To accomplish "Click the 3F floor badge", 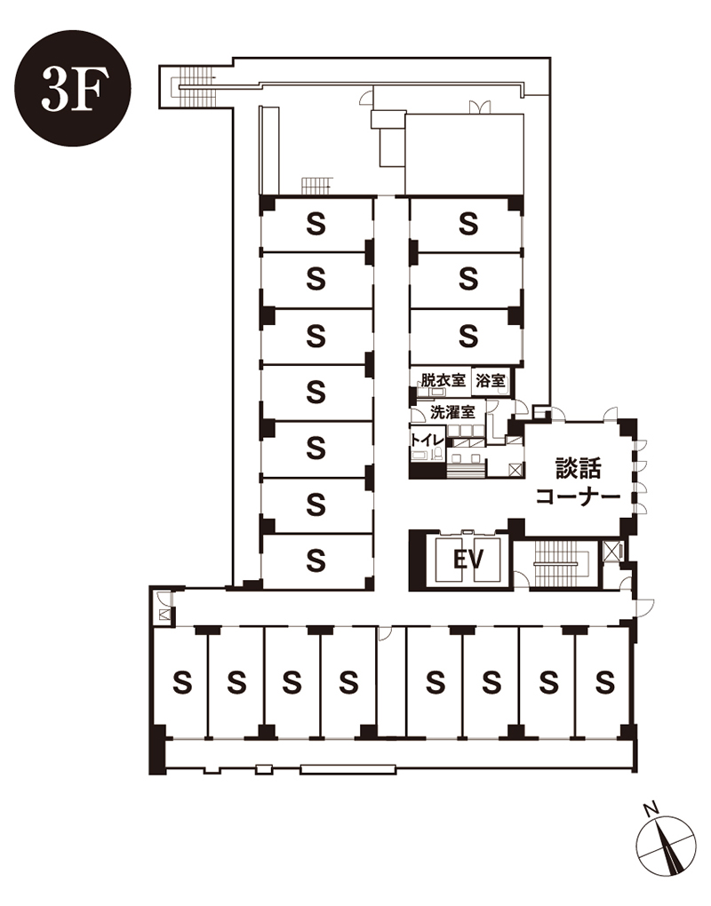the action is [x=73, y=88].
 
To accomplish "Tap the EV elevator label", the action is [x=467, y=560].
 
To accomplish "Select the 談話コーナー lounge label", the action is [x=578, y=482].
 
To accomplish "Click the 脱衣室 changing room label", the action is [x=443, y=380].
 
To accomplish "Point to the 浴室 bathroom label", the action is [x=491, y=380].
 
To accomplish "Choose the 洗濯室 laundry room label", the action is [x=453, y=412].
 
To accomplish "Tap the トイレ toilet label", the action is [x=427, y=439].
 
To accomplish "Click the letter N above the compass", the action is [x=652, y=808].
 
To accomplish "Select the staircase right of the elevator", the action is [x=557, y=564].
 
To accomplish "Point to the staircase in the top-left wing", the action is [x=196, y=87].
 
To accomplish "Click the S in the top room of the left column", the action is [x=316, y=224].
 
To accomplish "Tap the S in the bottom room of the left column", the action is [x=316, y=560].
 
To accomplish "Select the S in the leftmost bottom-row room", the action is [x=182, y=683].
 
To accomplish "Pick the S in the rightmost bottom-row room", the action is [x=604, y=683].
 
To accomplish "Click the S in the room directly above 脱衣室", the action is [x=468, y=335].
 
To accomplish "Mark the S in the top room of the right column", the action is [x=468, y=224].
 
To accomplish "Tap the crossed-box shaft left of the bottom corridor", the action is [x=164, y=615].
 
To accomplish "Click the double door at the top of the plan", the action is [x=480, y=107].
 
